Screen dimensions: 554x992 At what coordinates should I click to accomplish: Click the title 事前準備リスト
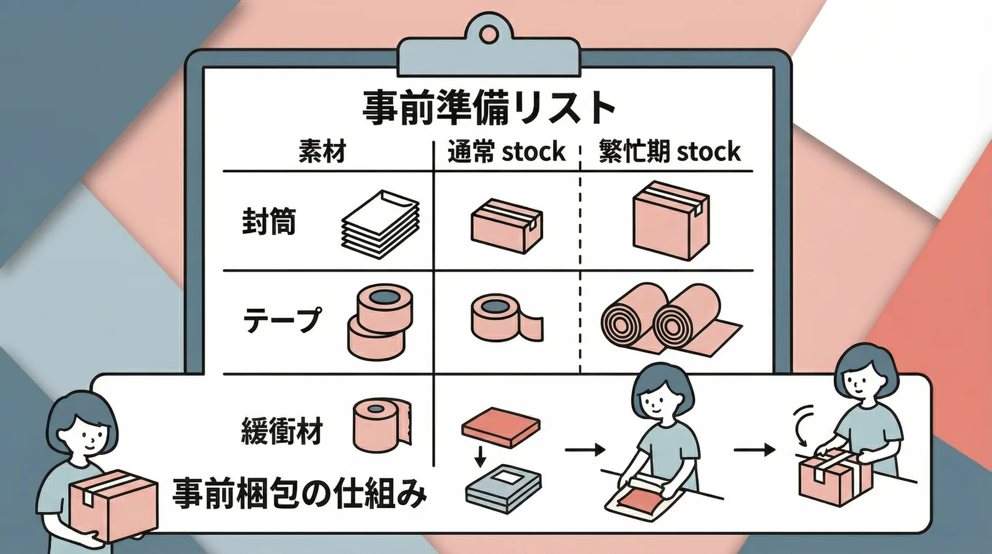coord(489,107)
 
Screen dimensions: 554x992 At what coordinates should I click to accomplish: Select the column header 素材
coord(322,151)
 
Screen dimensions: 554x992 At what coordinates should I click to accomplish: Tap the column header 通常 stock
coord(506,151)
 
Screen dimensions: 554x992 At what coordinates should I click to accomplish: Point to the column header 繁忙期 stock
coord(669,151)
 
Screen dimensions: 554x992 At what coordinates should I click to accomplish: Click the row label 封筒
coord(268,221)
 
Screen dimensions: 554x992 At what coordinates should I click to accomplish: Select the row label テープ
coord(282,320)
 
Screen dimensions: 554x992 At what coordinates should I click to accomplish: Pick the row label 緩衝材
coord(281,431)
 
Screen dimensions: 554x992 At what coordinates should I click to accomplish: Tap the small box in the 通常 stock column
coord(507,226)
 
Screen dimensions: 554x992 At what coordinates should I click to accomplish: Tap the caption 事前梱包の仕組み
coord(299,494)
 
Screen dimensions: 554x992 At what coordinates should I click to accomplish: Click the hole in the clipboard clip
coord(488,34)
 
